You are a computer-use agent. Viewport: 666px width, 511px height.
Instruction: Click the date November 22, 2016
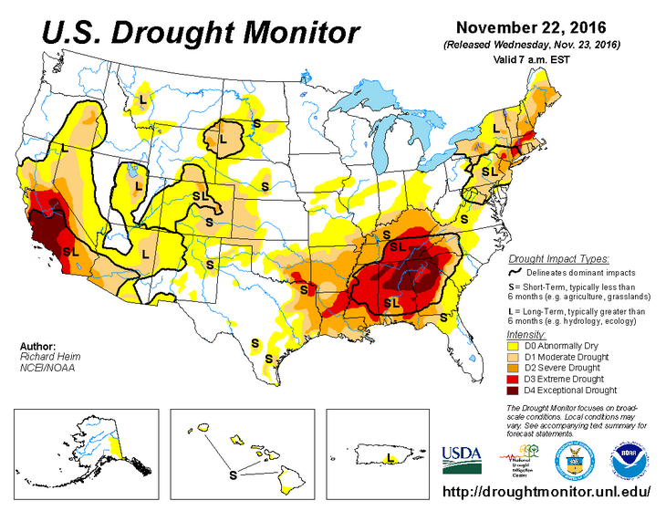pos(529,26)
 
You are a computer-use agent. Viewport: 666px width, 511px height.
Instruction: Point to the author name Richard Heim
pos(42,358)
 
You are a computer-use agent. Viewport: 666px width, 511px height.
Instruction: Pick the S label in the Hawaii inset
pos(232,474)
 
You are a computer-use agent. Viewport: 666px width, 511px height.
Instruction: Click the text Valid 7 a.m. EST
pos(530,57)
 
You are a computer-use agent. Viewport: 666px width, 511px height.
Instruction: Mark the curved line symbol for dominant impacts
pos(515,272)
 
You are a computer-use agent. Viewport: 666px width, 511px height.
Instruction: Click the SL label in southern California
pos(68,247)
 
